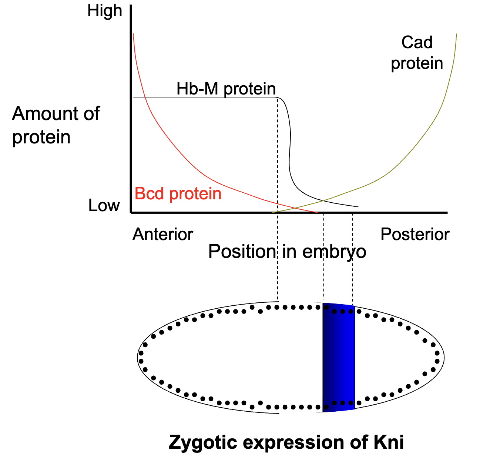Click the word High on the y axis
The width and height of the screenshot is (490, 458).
point(104,11)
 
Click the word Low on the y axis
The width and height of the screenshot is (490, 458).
point(104,205)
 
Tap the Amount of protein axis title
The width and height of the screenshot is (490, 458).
point(56,125)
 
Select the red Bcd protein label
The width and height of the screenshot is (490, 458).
point(178,194)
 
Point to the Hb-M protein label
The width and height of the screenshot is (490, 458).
point(226,89)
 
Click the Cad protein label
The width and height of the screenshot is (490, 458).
point(417,53)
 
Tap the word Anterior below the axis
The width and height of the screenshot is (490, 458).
point(163,234)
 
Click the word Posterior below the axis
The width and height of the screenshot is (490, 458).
point(415,234)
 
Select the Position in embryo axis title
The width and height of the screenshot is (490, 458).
point(287,252)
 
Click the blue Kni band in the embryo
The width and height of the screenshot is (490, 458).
point(339,357)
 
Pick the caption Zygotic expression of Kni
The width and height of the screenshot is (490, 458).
point(286,442)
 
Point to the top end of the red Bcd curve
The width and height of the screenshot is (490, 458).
point(133,34)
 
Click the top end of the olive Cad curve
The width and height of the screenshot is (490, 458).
point(456,34)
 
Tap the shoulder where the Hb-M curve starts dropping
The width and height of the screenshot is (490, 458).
point(280,98)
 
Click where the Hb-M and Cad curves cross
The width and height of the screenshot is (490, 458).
point(324,201)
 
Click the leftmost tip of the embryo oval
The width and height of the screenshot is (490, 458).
point(138,358)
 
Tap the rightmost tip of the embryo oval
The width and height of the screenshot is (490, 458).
point(444,358)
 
